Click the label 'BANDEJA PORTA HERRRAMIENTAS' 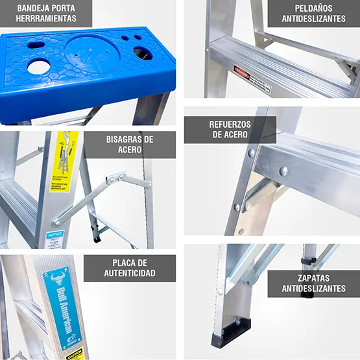tap(46, 13)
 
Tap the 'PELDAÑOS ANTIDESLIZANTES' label tap(313, 13)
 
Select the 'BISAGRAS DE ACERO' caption tap(130, 144)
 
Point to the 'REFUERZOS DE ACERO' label tap(230, 129)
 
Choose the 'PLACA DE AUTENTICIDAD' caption tap(130, 268)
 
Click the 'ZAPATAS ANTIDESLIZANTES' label tap(313, 283)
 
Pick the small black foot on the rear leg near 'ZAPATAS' tap(307, 294)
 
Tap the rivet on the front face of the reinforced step tap(283, 171)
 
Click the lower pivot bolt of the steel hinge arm tap(57, 222)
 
